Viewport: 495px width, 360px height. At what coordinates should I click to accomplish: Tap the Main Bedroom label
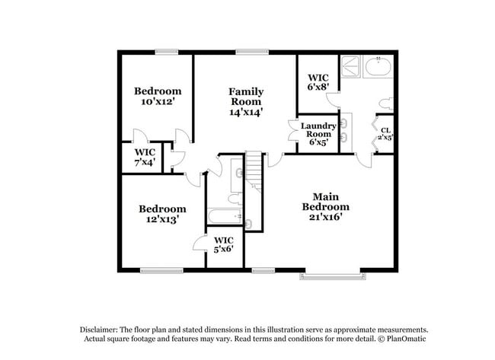(325, 206)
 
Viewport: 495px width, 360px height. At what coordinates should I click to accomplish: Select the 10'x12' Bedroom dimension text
(158, 101)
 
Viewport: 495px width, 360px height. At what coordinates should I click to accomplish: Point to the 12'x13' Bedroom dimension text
(161, 219)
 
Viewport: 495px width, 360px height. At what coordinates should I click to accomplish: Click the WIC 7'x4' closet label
(145, 156)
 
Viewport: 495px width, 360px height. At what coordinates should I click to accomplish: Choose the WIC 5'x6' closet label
(223, 244)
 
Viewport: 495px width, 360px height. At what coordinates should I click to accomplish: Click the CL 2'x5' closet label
(386, 134)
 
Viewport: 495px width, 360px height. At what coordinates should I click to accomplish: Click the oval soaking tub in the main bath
(378, 67)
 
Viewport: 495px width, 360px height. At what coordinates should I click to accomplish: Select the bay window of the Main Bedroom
(332, 274)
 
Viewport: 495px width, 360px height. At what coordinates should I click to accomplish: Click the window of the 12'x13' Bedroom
(161, 270)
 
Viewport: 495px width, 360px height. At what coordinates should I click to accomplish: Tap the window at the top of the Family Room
(245, 51)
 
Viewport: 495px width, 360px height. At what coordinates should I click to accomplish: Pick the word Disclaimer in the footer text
(100, 328)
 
